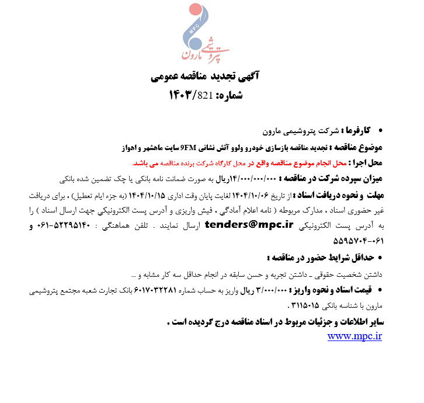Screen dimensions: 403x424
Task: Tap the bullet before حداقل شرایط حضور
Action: point(380,257)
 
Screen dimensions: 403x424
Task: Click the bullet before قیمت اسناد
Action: point(380,289)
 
